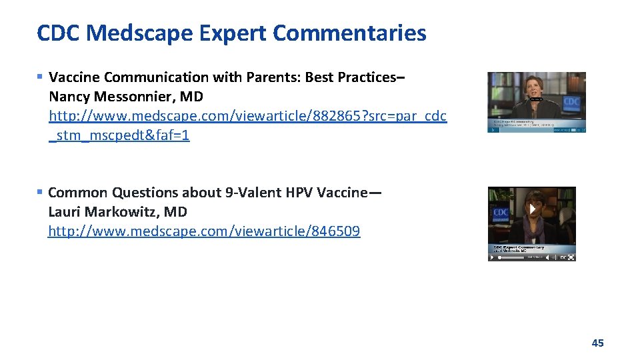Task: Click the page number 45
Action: coord(597,343)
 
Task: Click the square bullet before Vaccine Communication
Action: coord(41,77)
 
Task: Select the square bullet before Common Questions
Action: coord(41,192)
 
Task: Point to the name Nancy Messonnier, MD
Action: coord(125,97)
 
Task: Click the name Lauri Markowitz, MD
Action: coord(117,212)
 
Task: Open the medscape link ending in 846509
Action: coord(204,231)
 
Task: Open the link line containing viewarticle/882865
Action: coord(247,116)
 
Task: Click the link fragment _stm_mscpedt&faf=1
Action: coord(119,135)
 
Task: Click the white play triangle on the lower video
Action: coord(533,209)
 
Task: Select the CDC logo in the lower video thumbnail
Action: coord(500,213)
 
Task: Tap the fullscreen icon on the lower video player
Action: coord(571,257)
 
